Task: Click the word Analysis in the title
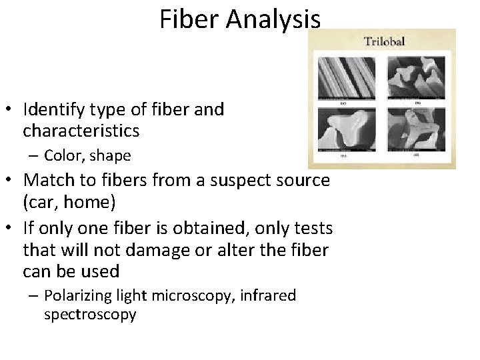(275, 19)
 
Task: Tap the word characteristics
(81, 130)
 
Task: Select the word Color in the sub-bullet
(61, 156)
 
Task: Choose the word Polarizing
(74, 295)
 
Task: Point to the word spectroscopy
(90, 314)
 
